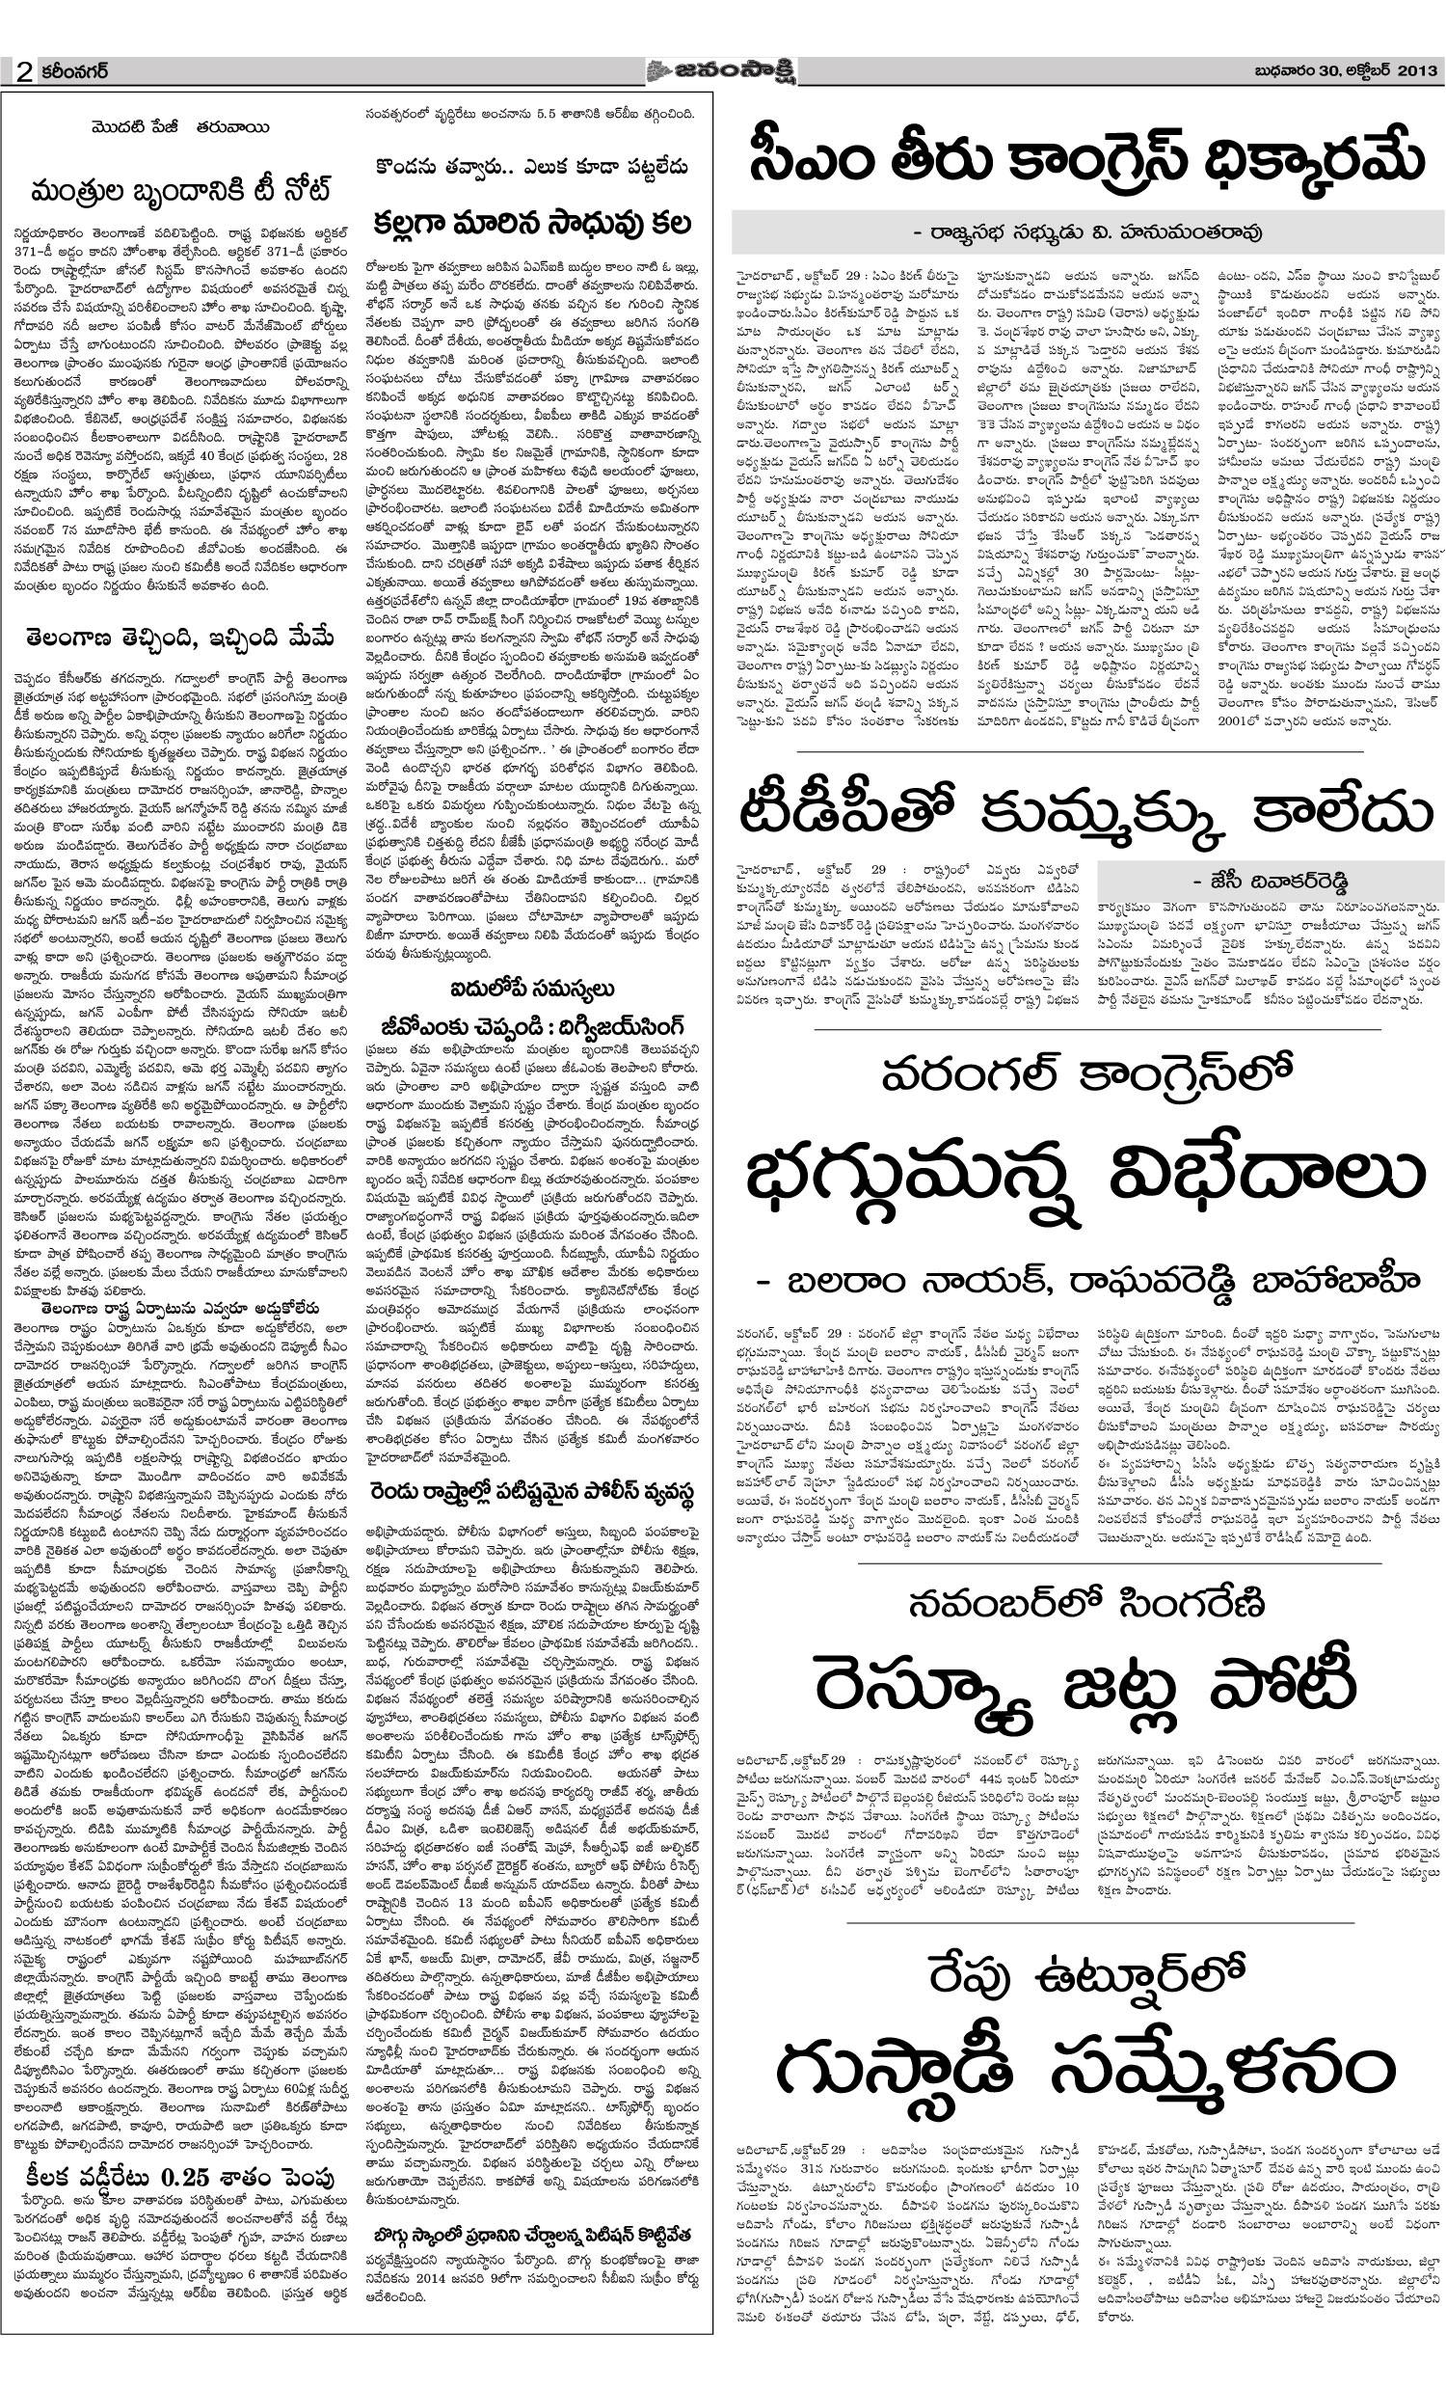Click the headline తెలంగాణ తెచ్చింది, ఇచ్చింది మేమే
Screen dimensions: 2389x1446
coord(180,638)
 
